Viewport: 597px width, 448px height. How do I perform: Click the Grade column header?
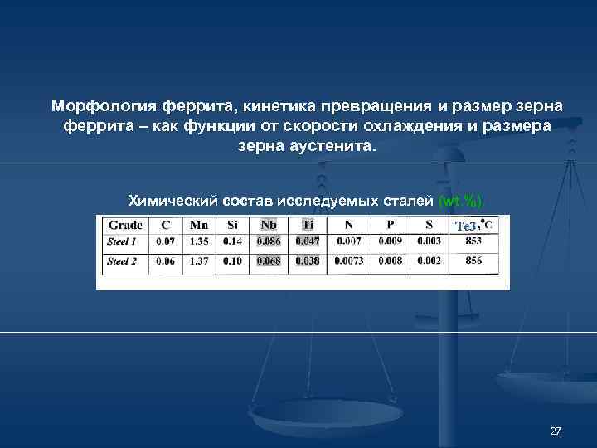(x=124, y=224)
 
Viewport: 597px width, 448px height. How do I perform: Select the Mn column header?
(x=198, y=224)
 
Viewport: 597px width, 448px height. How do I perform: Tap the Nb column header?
(x=269, y=224)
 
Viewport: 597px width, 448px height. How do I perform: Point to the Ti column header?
(x=308, y=224)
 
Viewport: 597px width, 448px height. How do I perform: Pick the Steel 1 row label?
(x=123, y=241)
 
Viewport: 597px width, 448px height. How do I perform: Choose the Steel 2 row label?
(x=123, y=261)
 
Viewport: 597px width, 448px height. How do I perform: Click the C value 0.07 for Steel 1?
(x=165, y=241)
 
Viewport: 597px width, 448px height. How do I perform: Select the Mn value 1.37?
(x=198, y=261)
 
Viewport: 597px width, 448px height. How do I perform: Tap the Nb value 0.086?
(x=269, y=241)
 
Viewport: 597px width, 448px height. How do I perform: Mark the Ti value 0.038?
(x=308, y=261)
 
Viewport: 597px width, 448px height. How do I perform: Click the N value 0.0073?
(x=349, y=261)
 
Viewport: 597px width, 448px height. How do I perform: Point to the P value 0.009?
(x=391, y=241)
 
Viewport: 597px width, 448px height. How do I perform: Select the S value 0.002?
(x=429, y=261)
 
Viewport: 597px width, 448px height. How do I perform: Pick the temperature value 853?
(x=473, y=241)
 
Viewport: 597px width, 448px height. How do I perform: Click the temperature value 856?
(x=473, y=261)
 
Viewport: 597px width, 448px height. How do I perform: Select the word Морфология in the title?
(x=99, y=108)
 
